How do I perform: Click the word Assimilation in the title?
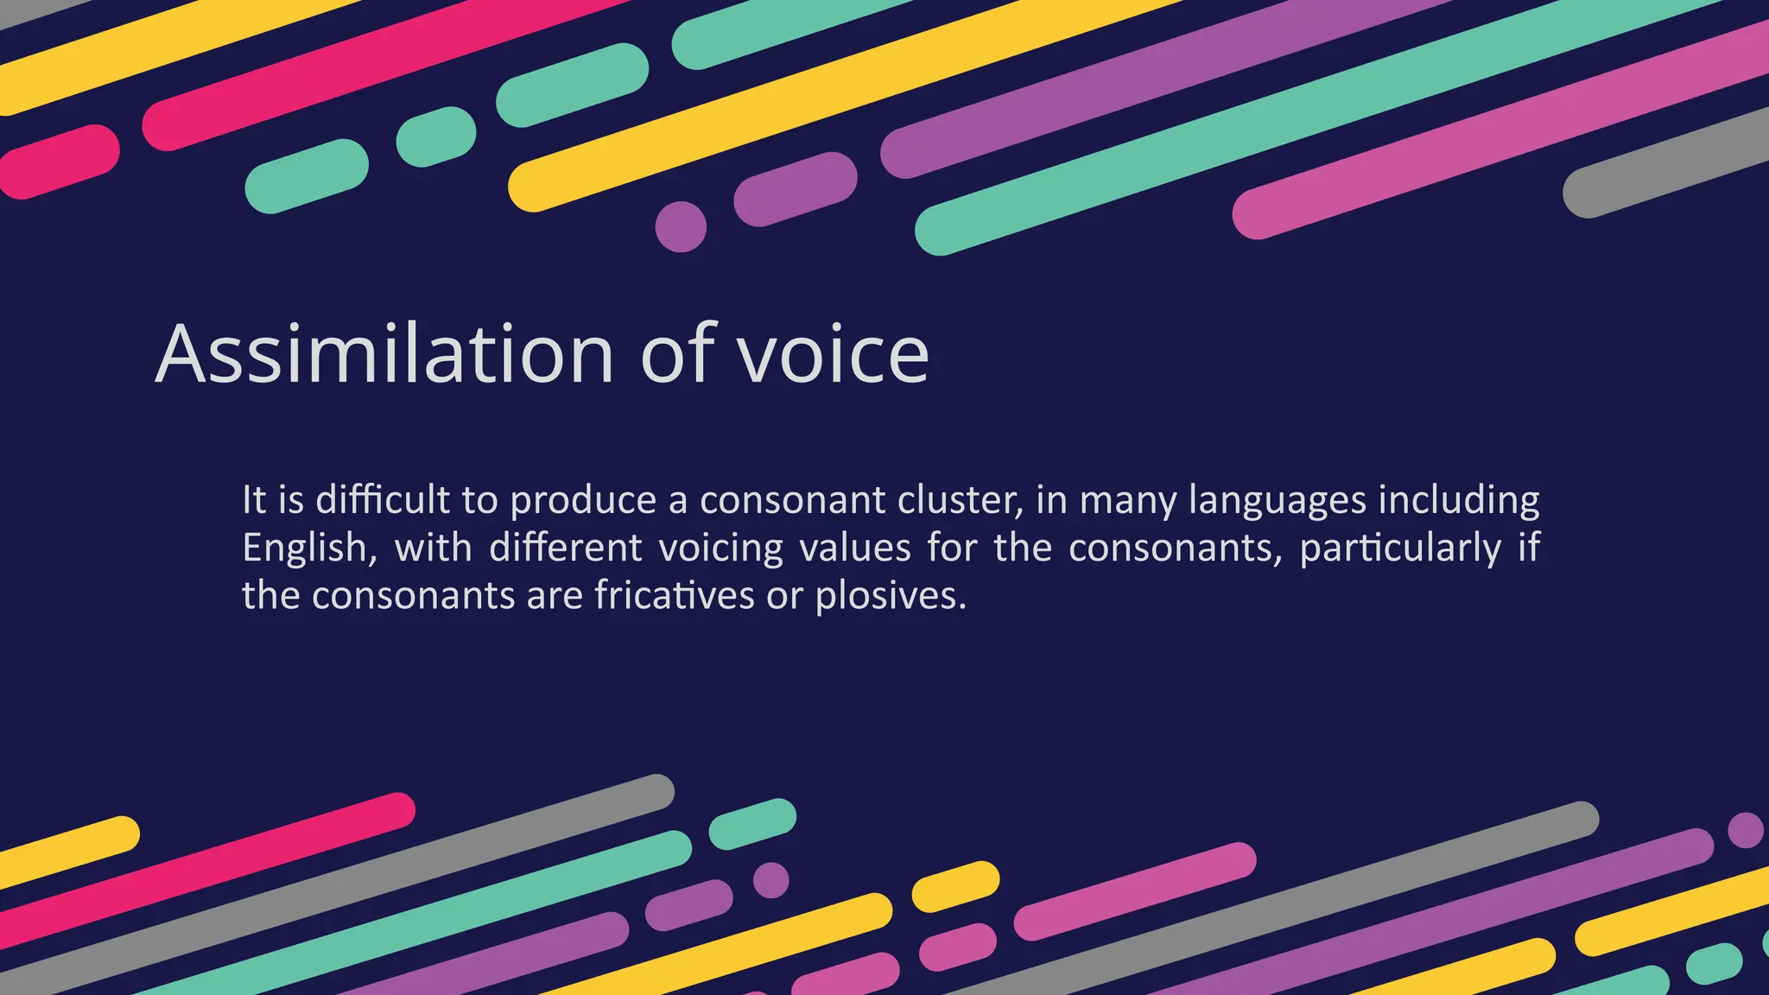tap(384, 353)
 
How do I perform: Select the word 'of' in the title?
tap(678, 353)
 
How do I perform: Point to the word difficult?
tap(383, 500)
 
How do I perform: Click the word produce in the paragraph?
tap(583, 502)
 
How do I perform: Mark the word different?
tap(566, 548)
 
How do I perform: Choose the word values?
tap(855, 548)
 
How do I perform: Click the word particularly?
tap(1400, 548)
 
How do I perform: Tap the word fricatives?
tap(674, 596)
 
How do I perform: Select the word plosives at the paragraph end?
tap(891, 596)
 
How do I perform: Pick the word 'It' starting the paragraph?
tap(254, 500)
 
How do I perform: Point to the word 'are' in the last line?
tap(555, 596)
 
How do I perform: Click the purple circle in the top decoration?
tap(681, 226)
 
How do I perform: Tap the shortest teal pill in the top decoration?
tap(436, 136)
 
